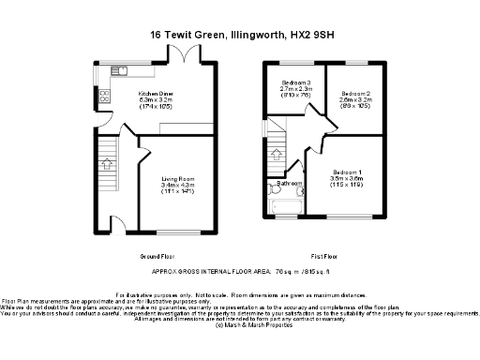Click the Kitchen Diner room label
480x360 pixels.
coord(155,95)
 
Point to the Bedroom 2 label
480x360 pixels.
coord(356,95)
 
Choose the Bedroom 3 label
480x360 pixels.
coord(296,84)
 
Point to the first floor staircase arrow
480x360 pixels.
coord(277,155)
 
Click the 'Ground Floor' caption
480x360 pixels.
coord(158,255)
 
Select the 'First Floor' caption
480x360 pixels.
coord(324,255)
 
